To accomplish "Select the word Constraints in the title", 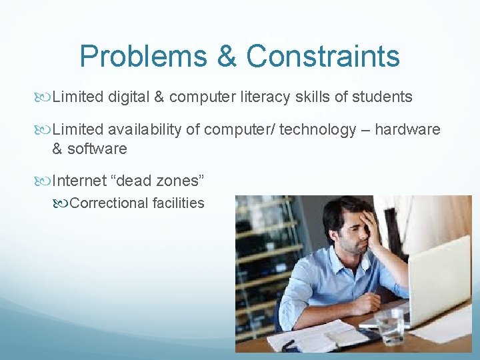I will [323, 57].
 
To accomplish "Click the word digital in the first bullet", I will [127, 97].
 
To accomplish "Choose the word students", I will [382, 97].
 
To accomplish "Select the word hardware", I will [407, 130].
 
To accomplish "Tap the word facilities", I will [179, 203].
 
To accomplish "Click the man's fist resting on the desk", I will [364, 304].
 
